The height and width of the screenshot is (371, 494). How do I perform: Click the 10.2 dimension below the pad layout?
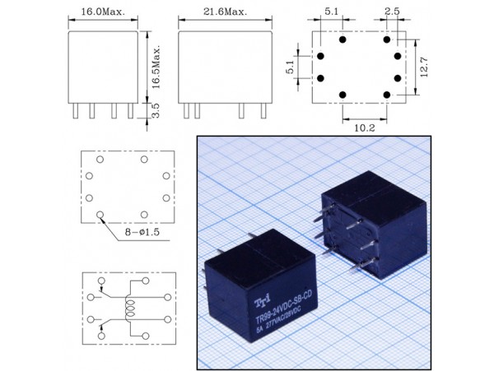pyautogui.click(x=365, y=128)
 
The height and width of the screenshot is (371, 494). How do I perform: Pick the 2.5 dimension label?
pyautogui.click(x=392, y=12)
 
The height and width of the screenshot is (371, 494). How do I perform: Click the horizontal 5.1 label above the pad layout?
pyautogui.click(x=330, y=12)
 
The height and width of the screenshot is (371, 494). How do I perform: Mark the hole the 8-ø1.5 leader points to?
pyautogui.click(x=100, y=216)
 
